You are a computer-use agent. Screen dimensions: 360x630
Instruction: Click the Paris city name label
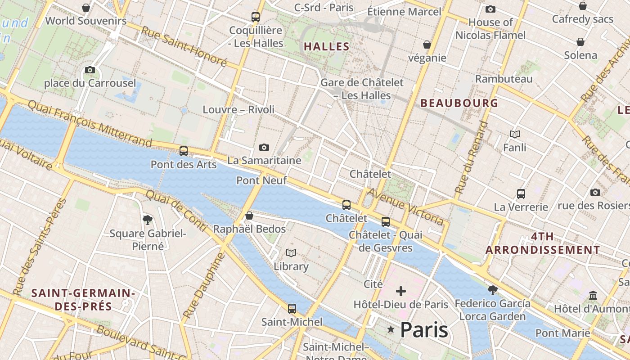pyautogui.click(x=423, y=330)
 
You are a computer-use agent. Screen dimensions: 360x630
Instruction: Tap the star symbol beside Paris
pyautogui.click(x=391, y=330)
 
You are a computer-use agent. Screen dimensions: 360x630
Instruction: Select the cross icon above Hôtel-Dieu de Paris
pyautogui.click(x=400, y=291)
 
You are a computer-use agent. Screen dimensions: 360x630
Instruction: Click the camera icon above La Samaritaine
pyautogui.click(x=264, y=147)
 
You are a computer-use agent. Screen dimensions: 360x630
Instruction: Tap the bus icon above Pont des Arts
pyautogui.click(x=184, y=151)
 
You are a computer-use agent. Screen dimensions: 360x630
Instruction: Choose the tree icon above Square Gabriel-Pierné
pyautogui.click(x=147, y=220)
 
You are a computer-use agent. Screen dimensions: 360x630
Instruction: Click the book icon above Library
pyautogui.click(x=291, y=253)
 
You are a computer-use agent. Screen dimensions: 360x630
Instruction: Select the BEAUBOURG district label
pyautogui.click(x=459, y=103)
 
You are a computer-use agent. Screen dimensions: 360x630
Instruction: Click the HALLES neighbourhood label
pyautogui.click(x=327, y=46)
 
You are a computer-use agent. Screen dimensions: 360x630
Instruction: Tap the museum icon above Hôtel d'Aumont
pyautogui.click(x=593, y=296)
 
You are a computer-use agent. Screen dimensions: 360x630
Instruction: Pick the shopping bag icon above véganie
pyautogui.click(x=427, y=45)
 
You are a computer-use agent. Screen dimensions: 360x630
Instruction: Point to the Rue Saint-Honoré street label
pyautogui.click(x=184, y=46)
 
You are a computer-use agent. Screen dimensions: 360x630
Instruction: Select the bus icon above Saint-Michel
pyautogui.click(x=292, y=309)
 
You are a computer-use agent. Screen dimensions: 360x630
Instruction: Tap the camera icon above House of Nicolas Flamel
pyautogui.click(x=490, y=9)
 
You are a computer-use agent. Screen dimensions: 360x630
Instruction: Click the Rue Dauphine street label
pyautogui.click(x=203, y=286)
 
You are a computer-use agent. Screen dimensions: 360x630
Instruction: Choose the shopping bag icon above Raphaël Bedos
pyautogui.click(x=249, y=216)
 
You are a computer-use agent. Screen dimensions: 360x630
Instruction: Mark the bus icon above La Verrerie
pyautogui.click(x=521, y=194)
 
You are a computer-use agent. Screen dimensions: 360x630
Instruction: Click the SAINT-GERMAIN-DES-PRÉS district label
pyautogui.click(x=83, y=300)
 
